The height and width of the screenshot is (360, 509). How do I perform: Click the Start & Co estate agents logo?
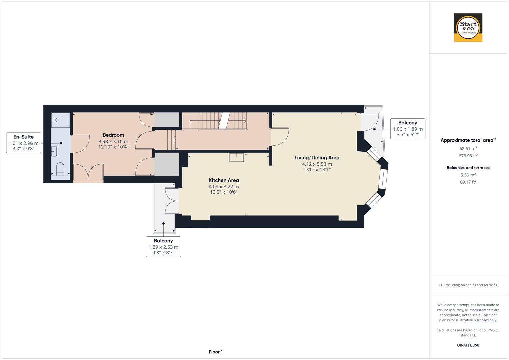(468, 28)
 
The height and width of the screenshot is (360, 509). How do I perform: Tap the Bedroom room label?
(113, 135)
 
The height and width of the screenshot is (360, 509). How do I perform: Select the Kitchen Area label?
(224, 180)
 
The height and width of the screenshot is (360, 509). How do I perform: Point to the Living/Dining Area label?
(317, 158)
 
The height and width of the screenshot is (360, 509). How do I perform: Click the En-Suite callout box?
(24, 143)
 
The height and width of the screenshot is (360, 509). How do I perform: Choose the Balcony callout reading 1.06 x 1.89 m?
(407, 129)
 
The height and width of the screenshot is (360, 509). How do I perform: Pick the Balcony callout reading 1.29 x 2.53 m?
(163, 247)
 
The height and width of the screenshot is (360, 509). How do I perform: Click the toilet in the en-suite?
(60, 169)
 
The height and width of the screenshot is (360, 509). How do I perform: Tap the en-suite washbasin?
(54, 151)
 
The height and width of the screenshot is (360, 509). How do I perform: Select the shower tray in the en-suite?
(60, 120)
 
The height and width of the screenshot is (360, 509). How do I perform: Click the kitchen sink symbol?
(236, 157)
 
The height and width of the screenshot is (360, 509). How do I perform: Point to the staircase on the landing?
(218, 121)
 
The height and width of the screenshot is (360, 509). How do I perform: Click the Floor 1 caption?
(216, 352)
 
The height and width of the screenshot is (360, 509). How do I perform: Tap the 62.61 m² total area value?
(468, 148)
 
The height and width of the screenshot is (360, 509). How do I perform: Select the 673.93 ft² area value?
(468, 156)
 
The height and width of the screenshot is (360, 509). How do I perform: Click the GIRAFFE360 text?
(468, 345)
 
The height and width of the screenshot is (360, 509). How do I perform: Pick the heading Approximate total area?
(467, 140)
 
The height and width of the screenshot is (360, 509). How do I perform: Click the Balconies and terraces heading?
(468, 168)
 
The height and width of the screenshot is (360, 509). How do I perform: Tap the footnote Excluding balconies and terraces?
(468, 285)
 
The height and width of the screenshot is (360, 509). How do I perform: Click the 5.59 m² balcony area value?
(468, 175)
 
